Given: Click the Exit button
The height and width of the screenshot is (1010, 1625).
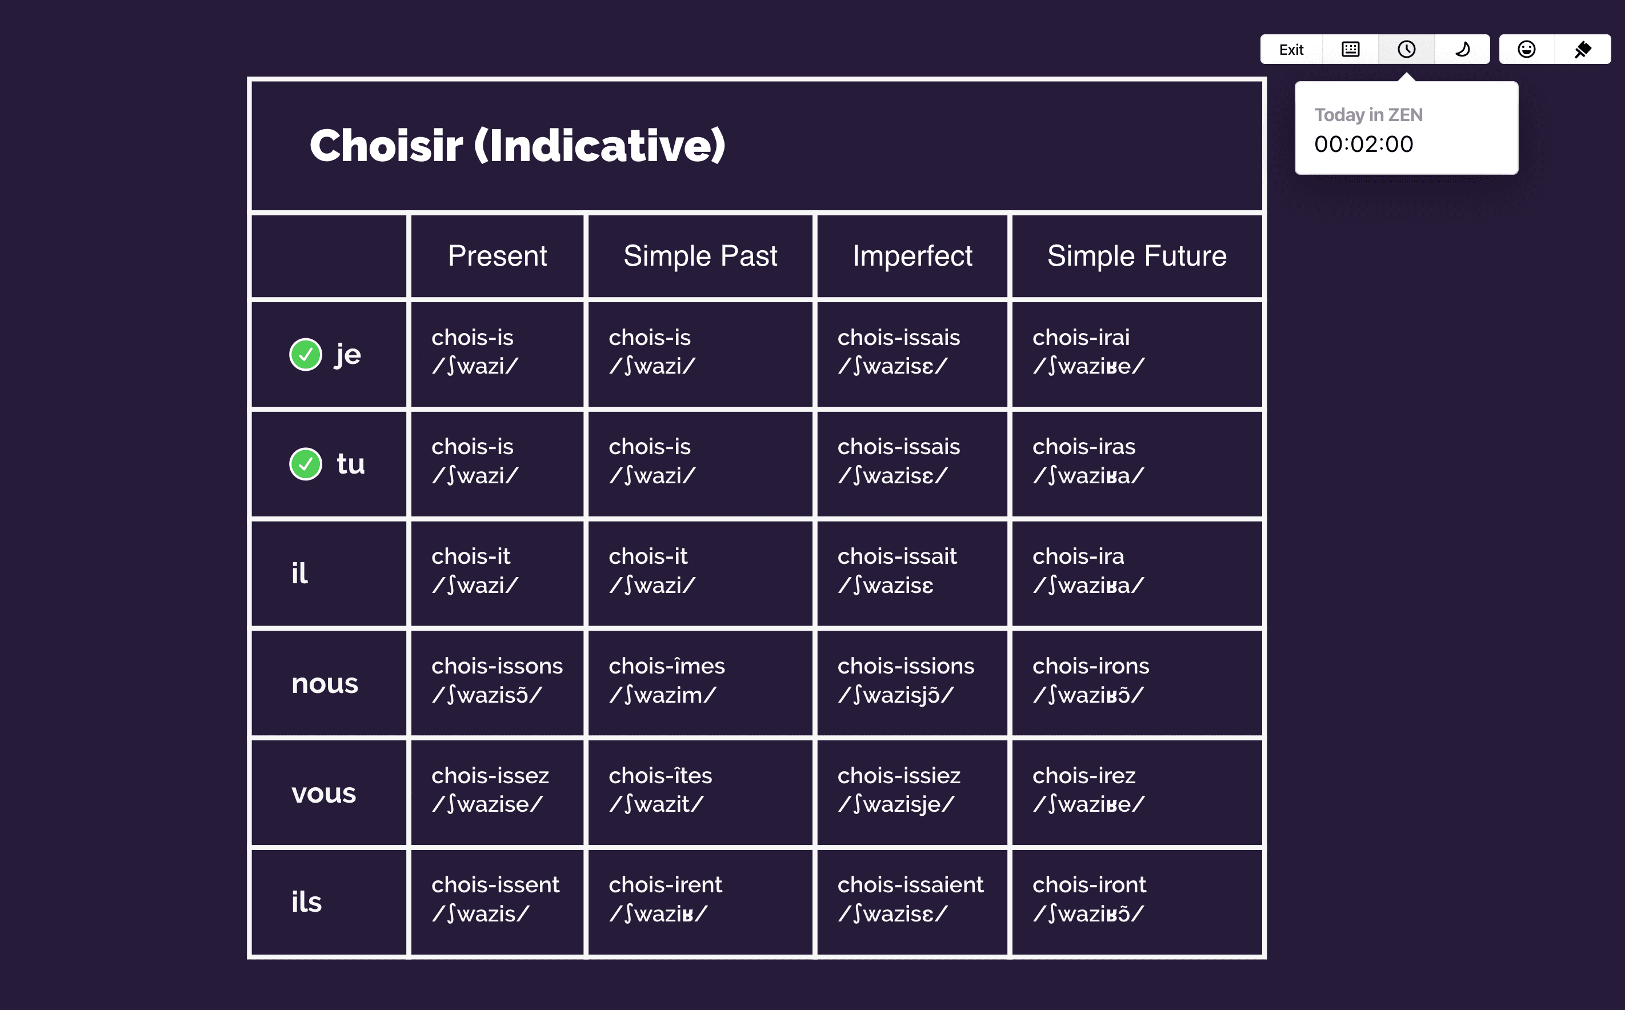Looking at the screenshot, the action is click(x=1291, y=50).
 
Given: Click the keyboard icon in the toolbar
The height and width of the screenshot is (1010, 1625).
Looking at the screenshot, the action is click(x=1351, y=50).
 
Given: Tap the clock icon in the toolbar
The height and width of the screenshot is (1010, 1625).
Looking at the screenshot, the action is click(x=1407, y=50).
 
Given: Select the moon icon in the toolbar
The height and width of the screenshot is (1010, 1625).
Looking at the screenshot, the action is click(x=1462, y=50).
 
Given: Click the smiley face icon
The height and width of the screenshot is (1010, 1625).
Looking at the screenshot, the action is click(x=1527, y=50).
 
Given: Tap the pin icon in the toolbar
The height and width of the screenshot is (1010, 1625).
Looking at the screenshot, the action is click(x=1583, y=50).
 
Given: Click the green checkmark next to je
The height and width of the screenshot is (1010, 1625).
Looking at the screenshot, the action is click(x=306, y=355).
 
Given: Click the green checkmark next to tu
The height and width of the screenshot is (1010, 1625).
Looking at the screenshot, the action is click(x=306, y=464).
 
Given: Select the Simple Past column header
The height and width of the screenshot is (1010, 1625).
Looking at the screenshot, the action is click(x=701, y=256).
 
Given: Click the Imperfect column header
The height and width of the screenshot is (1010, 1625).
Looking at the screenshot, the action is click(x=912, y=256).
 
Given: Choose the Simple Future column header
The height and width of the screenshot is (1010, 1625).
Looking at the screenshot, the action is click(x=1137, y=256).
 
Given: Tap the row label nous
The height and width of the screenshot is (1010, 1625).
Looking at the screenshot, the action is click(x=325, y=684).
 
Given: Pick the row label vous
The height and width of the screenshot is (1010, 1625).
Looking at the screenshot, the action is click(x=324, y=793).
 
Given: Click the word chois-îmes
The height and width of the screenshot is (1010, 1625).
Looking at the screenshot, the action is click(x=667, y=666).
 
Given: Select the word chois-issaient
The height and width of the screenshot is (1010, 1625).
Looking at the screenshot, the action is click(x=910, y=884).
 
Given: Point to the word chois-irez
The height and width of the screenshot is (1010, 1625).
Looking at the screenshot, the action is click(x=1084, y=776).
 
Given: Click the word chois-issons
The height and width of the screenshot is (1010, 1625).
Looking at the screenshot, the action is click(x=497, y=666).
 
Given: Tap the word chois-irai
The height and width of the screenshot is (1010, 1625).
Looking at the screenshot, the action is click(x=1081, y=338).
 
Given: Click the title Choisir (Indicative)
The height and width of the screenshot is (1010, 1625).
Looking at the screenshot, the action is click(x=518, y=146).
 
